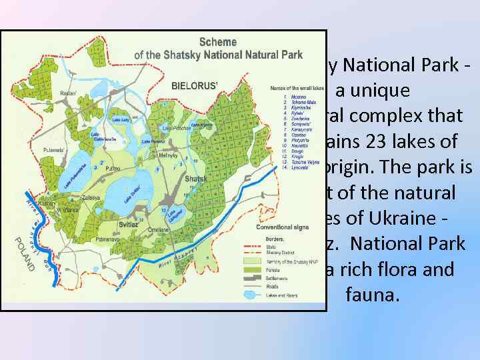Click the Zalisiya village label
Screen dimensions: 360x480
65,198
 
